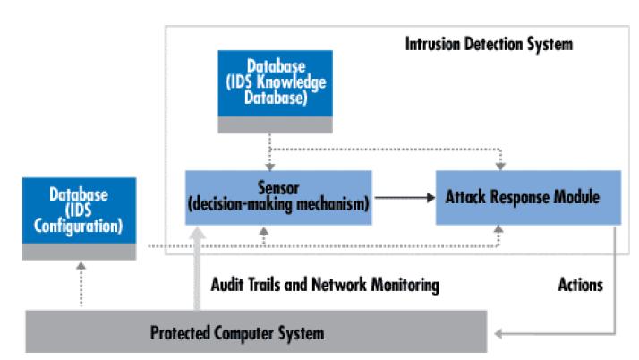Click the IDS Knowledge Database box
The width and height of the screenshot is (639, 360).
275,91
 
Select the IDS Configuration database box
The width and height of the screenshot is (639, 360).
79,219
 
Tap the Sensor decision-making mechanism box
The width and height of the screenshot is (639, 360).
278,198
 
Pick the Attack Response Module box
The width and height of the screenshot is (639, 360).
528,198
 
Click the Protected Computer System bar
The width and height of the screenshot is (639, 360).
256,331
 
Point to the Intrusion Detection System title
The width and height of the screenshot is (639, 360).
489,44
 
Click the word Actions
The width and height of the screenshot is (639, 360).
580,285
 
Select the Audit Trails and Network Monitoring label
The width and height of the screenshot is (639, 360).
325,285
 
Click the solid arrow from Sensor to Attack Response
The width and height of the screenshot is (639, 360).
405,198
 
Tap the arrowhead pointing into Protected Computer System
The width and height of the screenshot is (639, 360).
498,334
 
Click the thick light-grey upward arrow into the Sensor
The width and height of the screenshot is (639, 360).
197,269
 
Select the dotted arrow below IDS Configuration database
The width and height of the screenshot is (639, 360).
81,284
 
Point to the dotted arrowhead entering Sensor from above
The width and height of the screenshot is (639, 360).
269,167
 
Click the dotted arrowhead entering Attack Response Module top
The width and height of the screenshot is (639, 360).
500,166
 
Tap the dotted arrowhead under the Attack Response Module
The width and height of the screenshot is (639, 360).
498,229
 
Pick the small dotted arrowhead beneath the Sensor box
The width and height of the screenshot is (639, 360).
264,231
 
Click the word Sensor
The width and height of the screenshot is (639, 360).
278,188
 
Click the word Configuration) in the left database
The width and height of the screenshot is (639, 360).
78,227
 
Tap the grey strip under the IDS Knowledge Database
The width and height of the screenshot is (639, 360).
275,124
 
